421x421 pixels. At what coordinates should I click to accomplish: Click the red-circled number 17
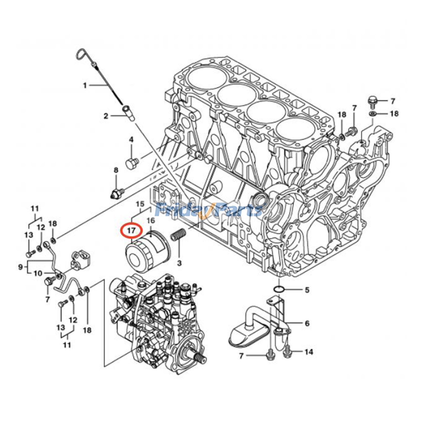tap(131, 231)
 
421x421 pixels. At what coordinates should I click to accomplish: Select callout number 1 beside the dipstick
tap(85, 86)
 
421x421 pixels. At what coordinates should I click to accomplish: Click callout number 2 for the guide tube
tap(106, 116)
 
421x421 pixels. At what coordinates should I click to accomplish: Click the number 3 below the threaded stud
tap(179, 263)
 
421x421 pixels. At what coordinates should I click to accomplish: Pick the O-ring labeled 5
tap(279, 290)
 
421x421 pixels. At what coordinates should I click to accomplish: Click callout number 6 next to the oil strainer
tap(307, 323)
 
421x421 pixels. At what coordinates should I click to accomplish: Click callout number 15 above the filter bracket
tap(141, 204)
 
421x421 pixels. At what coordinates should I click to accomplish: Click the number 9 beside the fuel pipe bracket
tap(21, 267)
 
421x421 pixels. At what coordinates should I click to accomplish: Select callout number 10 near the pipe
tap(38, 273)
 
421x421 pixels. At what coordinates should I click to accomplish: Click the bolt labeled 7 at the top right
tap(372, 101)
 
